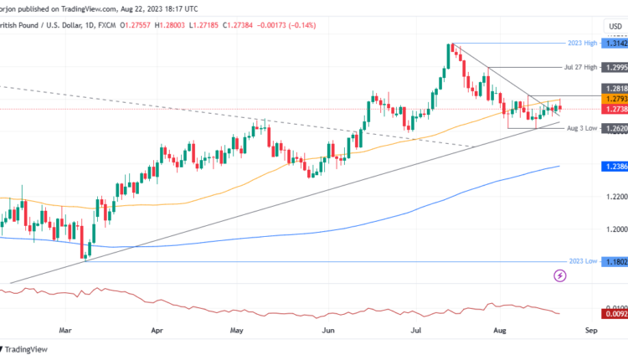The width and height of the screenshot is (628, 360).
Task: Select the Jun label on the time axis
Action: pyautogui.click(x=328, y=331)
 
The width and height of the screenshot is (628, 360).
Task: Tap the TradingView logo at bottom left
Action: pyautogui.click(x=25, y=349)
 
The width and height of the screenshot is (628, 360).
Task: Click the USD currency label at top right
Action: pyautogui.click(x=614, y=26)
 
